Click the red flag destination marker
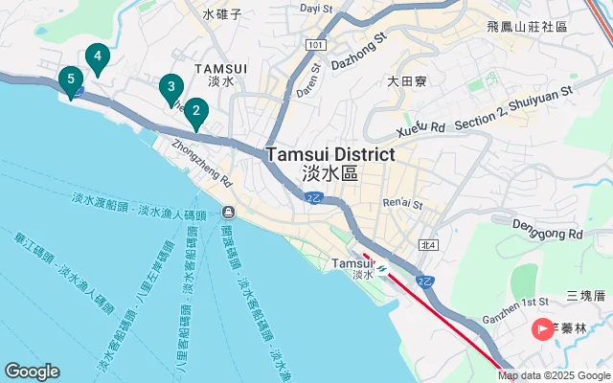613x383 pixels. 542,329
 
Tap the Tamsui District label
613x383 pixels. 330,155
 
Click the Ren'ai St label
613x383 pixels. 402,203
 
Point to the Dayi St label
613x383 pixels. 315,8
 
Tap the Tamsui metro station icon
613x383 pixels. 382,268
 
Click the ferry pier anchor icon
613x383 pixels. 228,212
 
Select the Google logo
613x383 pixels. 32,372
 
